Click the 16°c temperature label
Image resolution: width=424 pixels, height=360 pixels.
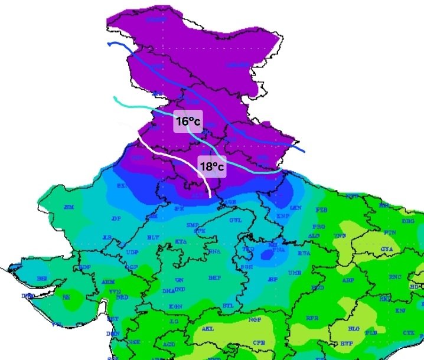[x=188, y=122]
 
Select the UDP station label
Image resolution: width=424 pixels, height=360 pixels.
[x=133, y=253]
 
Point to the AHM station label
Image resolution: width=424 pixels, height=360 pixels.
[x=108, y=283]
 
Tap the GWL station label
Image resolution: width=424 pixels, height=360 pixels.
[x=236, y=220]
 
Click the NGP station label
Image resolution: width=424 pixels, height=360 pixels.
[x=254, y=320]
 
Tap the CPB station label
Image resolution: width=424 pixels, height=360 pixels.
[x=259, y=342]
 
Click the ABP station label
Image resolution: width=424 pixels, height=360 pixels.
[x=348, y=280]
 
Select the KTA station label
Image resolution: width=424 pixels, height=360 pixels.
[x=181, y=242]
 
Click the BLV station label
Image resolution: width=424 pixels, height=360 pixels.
[x=154, y=237]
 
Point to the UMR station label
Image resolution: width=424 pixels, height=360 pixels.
[x=295, y=274]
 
